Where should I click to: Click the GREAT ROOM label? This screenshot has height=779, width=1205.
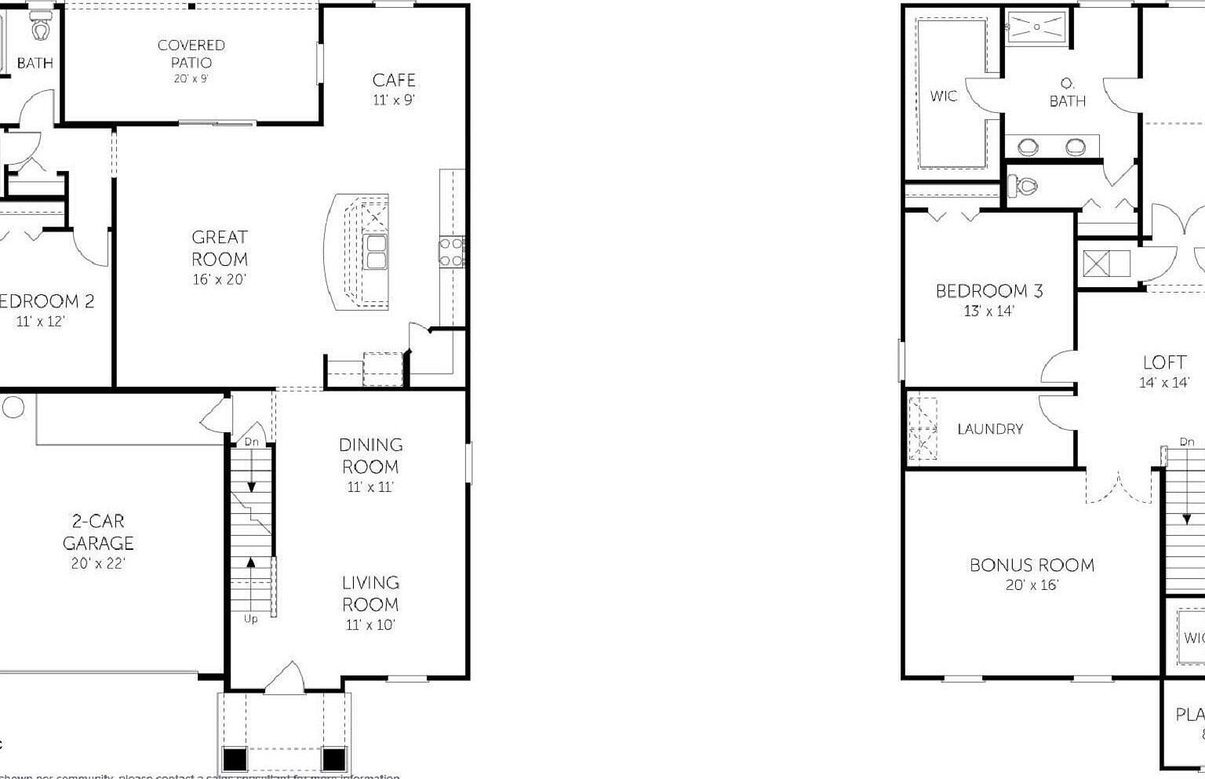[x=220, y=248]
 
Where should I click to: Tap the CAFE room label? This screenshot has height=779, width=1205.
[x=394, y=80]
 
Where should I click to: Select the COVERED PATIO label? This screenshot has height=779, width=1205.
[x=191, y=53]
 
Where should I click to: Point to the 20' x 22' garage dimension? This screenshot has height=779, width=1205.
[x=98, y=563]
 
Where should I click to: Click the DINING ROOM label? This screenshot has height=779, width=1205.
[x=371, y=456]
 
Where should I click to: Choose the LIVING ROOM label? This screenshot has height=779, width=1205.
[x=370, y=594]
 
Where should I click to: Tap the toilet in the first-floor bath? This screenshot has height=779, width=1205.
[x=41, y=30]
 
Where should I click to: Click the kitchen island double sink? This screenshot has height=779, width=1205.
[x=376, y=251]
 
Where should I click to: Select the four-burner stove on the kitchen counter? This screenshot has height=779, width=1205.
[x=451, y=251]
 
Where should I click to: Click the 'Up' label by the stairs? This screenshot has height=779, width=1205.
[x=250, y=619]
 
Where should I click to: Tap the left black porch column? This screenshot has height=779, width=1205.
[x=235, y=759]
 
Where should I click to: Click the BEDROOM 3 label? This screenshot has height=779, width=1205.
[x=989, y=291]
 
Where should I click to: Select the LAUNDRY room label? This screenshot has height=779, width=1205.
[x=990, y=429]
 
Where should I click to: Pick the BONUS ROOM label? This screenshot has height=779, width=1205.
[x=1032, y=565]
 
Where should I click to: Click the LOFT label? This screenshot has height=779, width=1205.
[x=1164, y=362]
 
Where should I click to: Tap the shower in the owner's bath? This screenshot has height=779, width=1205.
[x=1037, y=27]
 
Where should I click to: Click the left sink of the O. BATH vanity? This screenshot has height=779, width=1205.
[x=1028, y=147]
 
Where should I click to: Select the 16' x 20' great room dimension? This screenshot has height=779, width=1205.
[x=220, y=279]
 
